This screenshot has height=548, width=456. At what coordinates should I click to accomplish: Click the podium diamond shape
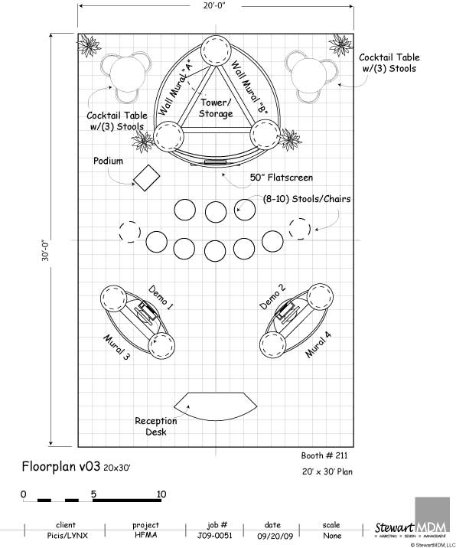tap(146, 178)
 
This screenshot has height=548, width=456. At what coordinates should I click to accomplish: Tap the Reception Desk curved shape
tap(215, 406)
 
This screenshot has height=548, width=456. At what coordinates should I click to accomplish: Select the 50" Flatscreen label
tap(282, 178)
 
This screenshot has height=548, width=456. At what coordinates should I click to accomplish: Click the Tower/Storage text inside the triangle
tap(216, 108)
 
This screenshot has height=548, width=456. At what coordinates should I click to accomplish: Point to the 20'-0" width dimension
tap(214, 5)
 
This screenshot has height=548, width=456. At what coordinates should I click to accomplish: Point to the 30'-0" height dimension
tap(46, 250)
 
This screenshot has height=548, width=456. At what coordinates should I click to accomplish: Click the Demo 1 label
tap(161, 298)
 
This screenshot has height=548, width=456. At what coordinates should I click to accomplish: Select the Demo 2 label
tap(272, 296)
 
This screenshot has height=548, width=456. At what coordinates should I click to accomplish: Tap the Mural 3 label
tap(117, 347)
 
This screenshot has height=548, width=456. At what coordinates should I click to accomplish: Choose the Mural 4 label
tap(318, 344)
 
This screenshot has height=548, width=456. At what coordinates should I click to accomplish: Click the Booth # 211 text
tap(324, 455)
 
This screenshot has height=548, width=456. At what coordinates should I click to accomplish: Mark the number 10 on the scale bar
tap(161, 494)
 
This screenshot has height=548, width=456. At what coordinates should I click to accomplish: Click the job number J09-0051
tap(214, 536)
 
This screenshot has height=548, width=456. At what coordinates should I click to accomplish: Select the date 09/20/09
tap(275, 536)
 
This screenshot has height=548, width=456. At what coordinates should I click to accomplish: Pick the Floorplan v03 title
tap(60, 466)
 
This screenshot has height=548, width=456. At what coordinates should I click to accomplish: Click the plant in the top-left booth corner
tap(89, 45)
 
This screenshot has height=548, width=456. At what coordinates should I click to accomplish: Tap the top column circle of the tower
tap(216, 50)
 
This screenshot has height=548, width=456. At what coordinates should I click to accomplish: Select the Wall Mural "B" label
tap(249, 87)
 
